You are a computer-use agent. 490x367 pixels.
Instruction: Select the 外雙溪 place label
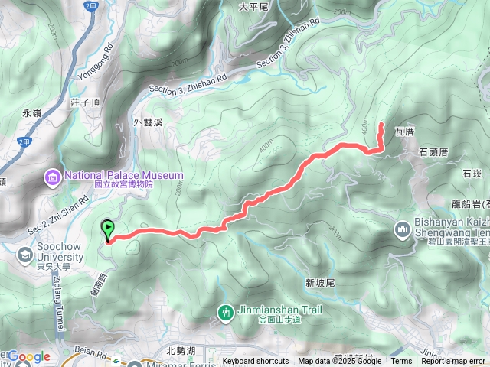coord(149,122)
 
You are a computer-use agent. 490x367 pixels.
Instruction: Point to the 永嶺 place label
coord(31,112)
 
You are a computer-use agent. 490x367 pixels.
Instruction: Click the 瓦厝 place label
coord(404,132)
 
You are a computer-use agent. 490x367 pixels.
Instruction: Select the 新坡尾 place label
coord(320,282)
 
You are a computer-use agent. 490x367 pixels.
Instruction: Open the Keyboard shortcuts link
coord(256,362)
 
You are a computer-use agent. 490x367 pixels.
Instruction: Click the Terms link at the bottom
coord(400,362)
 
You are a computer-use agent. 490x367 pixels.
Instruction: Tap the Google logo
coord(28,356)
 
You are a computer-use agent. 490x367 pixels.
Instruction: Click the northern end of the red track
coord(381,122)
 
